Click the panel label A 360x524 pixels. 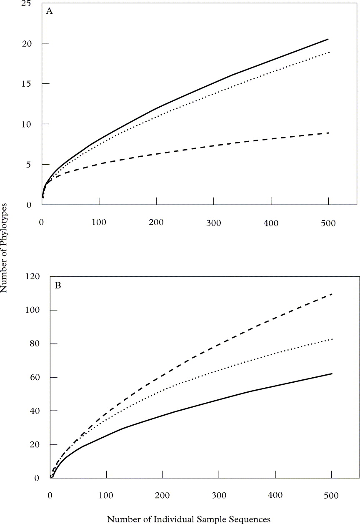[50, 12]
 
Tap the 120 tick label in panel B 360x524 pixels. [32, 276]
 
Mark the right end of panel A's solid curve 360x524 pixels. [328, 39]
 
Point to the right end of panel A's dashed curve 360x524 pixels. [328, 133]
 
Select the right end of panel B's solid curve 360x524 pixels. [332, 374]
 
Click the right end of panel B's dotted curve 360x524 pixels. [332, 339]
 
